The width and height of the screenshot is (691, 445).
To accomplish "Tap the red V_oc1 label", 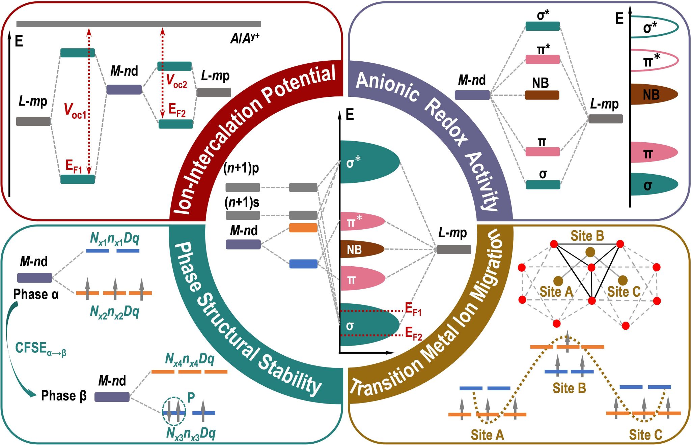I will [75, 111].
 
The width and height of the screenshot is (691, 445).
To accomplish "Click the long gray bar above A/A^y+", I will [138, 24].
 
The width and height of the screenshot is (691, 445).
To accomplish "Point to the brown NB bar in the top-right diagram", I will [542, 95].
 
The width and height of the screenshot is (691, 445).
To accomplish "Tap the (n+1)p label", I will [241, 168].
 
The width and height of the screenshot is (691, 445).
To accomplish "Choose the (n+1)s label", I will [242, 202].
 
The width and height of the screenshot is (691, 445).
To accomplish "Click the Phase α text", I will [36, 294].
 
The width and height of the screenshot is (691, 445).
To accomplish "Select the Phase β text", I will [64, 395].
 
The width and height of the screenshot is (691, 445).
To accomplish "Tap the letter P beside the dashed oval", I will [191, 397].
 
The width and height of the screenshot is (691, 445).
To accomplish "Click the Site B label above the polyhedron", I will [587, 236].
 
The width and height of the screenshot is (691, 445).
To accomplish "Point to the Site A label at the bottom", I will [487, 435].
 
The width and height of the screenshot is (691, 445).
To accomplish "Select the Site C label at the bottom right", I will [645, 435].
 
